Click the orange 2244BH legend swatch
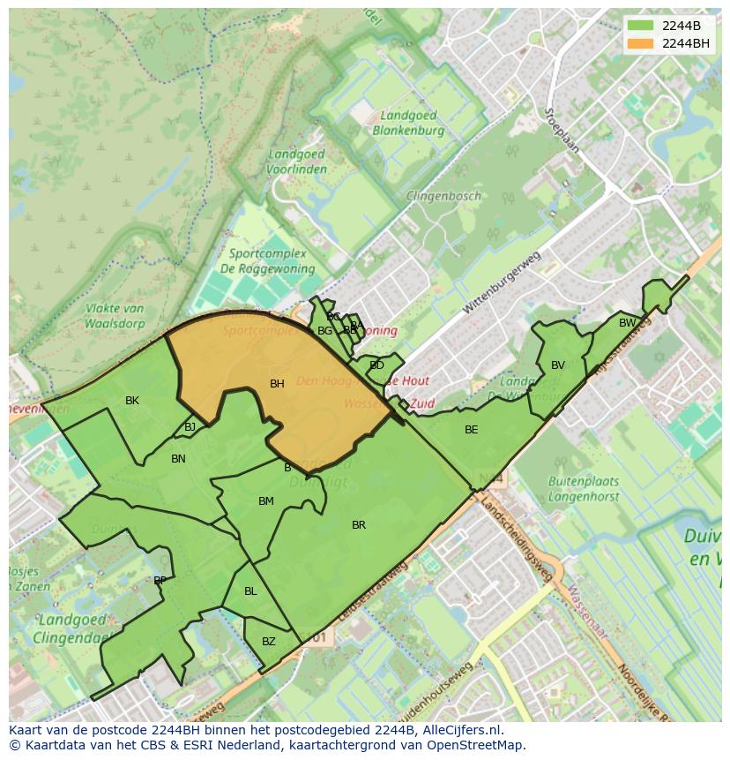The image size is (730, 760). click(641, 43)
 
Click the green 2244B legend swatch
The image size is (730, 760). click(641, 26)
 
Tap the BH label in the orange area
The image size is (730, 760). click(277, 384)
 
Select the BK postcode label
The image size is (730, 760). click(132, 401)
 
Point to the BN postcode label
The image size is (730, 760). click(178, 459)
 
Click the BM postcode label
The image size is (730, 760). click(265, 501)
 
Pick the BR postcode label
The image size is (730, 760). click(359, 525)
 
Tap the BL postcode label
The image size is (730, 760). click(250, 591)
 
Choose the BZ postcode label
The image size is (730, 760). click(269, 642)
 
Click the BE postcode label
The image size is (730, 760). click(472, 430)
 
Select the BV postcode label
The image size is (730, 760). click(558, 365)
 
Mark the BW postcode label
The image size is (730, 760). click(627, 323)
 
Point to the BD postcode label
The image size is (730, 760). click(376, 365)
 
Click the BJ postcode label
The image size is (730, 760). click(190, 427)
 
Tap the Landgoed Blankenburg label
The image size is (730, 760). click(408, 123)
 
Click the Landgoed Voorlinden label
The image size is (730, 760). click(297, 162)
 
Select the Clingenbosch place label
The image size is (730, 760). click(443, 196)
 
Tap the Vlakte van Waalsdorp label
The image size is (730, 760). click(115, 315)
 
